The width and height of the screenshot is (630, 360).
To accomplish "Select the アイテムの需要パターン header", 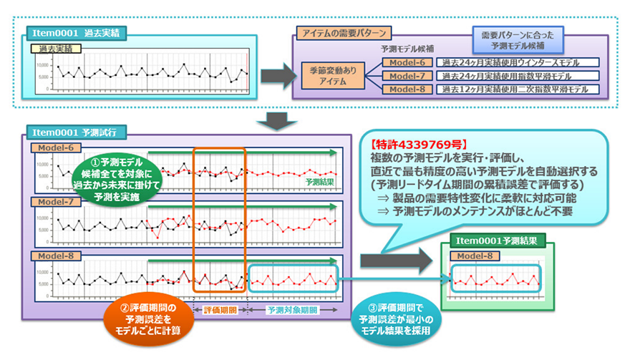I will point(344,34).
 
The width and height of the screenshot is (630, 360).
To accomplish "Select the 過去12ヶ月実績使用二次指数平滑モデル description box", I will point(516,89).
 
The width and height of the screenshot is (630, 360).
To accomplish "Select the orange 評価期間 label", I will point(220,311).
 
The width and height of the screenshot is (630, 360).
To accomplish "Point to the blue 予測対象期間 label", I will point(291,311).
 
